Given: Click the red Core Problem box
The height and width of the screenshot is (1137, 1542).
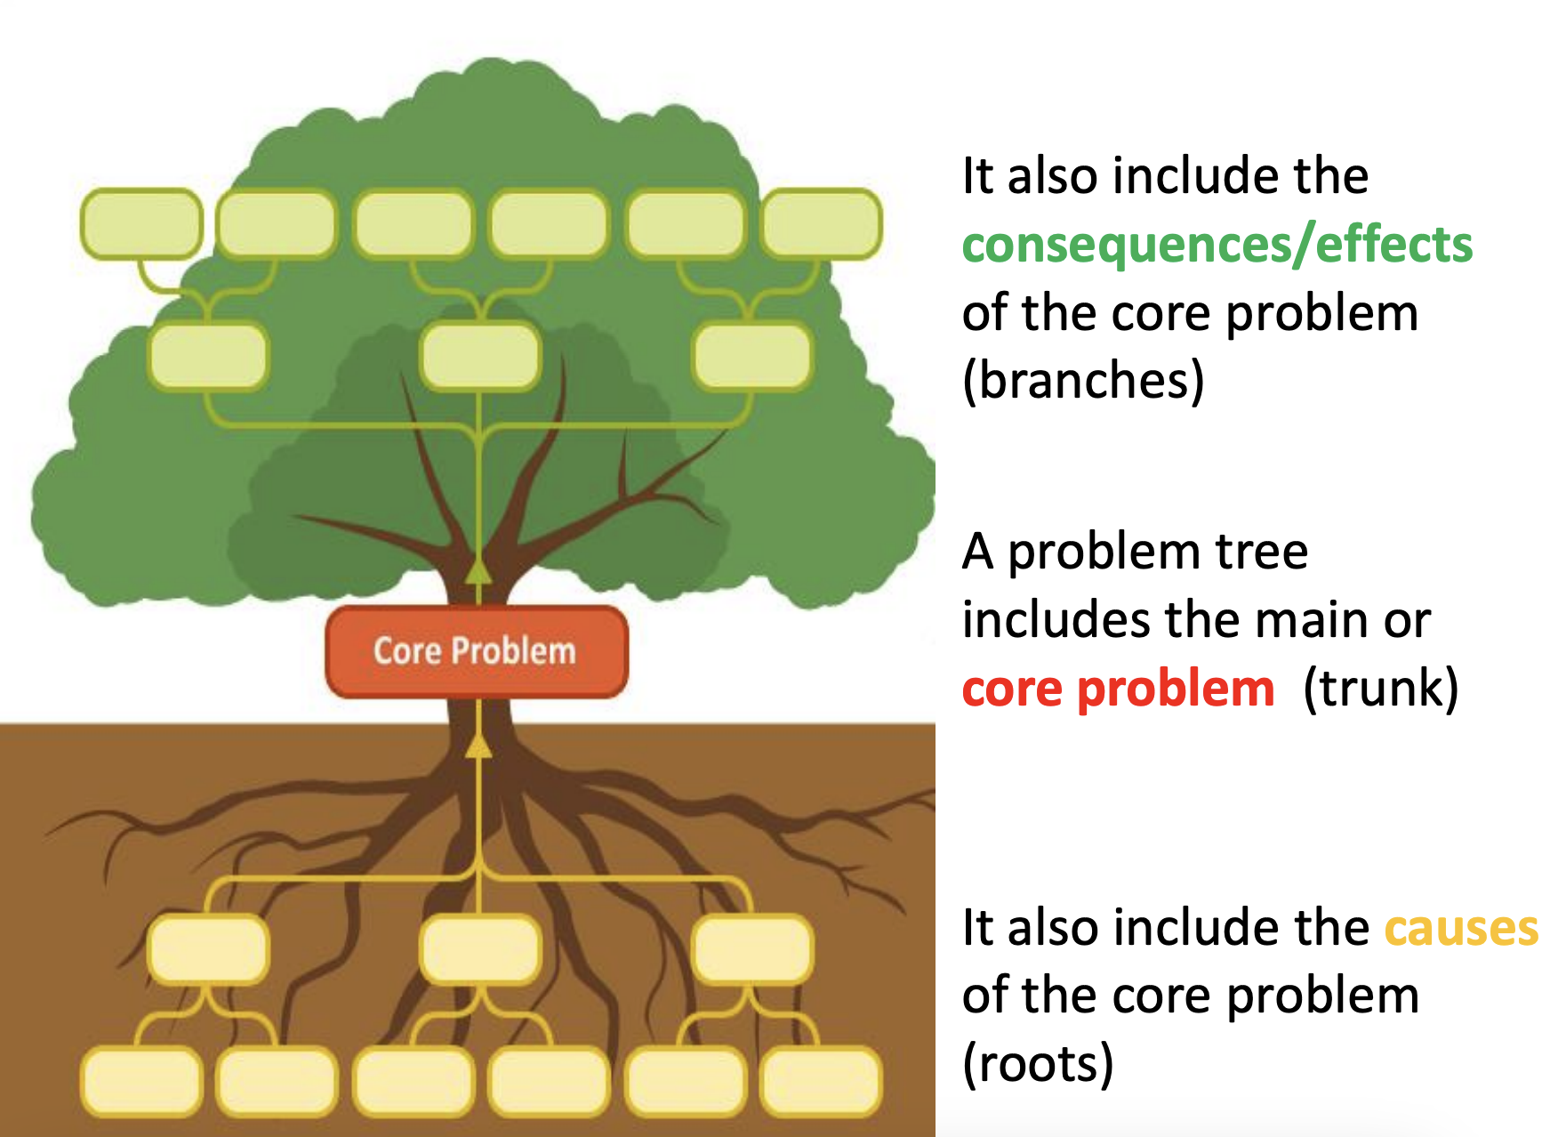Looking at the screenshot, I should click(477, 651).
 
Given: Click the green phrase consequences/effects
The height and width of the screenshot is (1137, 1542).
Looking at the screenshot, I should click(1217, 245).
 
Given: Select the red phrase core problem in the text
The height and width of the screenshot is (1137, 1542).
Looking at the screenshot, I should click(1118, 689).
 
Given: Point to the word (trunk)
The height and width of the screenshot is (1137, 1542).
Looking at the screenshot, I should click(1380, 689).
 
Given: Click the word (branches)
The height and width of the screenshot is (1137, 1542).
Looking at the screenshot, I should click(1083, 381).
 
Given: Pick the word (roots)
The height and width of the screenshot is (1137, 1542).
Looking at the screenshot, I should click(1038, 1063).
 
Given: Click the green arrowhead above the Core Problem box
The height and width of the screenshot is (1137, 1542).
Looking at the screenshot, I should click(478, 569).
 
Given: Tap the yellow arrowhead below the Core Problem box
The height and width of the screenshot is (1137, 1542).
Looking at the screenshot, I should click(478, 746).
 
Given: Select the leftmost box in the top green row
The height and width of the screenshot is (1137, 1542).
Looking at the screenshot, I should click(141, 224).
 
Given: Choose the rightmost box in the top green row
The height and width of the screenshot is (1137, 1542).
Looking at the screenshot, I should click(821, 224).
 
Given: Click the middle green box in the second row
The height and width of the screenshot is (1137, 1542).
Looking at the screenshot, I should click(480, 357).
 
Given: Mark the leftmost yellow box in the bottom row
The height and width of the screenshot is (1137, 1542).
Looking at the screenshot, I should click(141, 1082).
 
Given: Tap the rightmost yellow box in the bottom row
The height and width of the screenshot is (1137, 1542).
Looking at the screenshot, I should click(821, 1082).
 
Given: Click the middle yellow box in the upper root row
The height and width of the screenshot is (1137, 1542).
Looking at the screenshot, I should click(480, 948).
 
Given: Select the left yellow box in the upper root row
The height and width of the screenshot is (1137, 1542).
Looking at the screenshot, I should click(208, 948).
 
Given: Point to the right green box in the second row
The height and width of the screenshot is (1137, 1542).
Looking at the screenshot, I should click(752, 357).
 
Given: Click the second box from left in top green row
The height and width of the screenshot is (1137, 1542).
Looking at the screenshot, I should click(277, 224).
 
